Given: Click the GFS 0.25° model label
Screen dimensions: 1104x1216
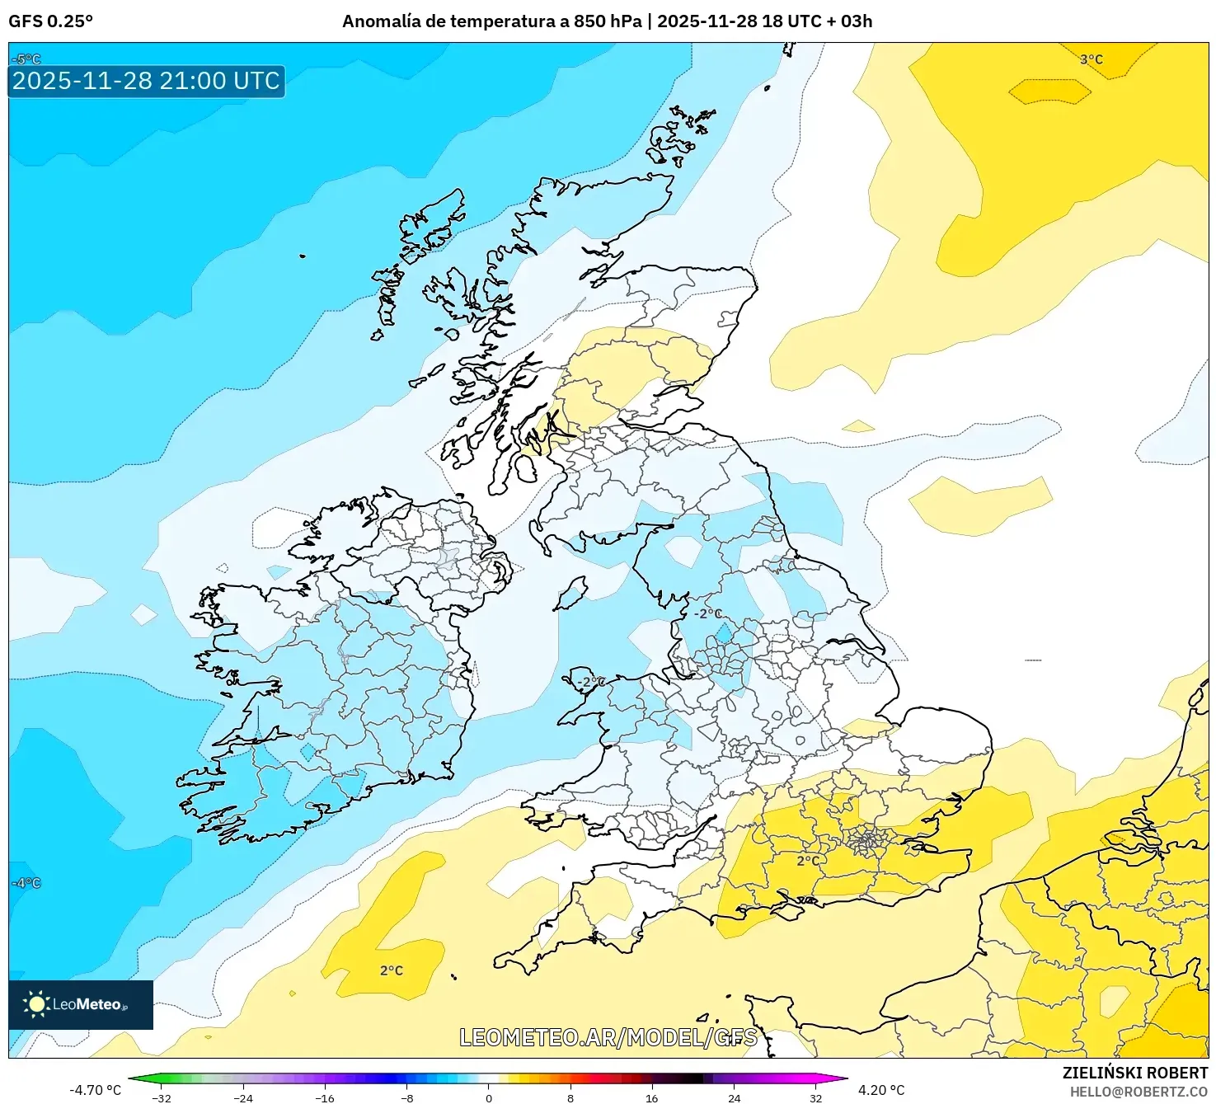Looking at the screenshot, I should tap(50, 21).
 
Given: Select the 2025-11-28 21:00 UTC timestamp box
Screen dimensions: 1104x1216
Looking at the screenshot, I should tap(146, 81).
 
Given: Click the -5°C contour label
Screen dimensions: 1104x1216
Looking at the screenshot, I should tap(26, 59).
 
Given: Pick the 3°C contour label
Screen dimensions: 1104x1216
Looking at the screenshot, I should tap(1091, 59).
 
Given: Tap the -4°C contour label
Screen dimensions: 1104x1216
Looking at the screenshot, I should tap(26, 883).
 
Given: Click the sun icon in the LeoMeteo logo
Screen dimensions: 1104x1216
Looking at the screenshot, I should tap(36, 1003).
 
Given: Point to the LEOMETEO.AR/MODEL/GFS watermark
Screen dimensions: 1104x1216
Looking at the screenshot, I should tap(608, 1037).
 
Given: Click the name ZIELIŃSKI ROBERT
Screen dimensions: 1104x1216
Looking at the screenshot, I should tap(1134, 1073).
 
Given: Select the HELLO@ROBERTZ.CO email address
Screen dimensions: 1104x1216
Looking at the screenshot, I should tap(1139, 1092).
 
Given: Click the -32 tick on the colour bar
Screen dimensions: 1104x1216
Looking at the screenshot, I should tap(162, 1097).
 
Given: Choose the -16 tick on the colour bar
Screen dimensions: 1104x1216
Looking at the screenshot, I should tap(325, 1097).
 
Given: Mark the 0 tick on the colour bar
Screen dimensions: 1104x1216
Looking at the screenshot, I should tap(489, 1097).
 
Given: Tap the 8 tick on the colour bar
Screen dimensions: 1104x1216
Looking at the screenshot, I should tap(570, 1097).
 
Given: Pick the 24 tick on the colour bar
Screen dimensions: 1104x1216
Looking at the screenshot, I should tap(734, 1097).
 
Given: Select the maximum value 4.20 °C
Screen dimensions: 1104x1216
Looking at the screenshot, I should tap(881, 1090).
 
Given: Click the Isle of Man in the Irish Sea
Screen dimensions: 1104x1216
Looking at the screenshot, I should tap(570, 594).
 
